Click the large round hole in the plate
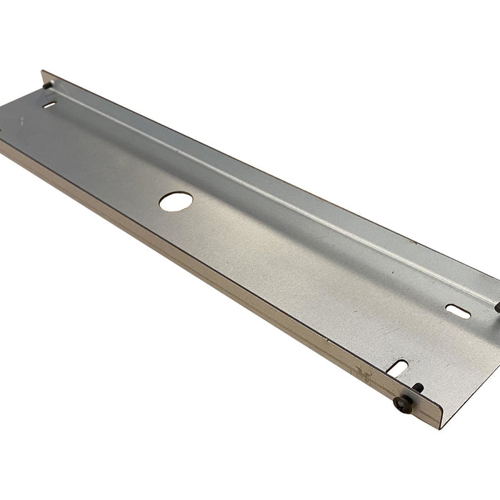(172, 201)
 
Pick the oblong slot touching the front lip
(400, 369)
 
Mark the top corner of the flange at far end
(42, 71)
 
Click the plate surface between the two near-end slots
(429, 339)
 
